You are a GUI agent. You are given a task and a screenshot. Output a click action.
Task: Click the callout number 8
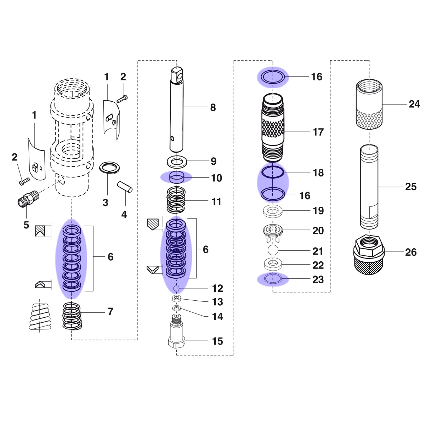[x=213, y=108]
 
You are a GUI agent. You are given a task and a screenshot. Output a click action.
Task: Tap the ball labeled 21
[x=273, y=250]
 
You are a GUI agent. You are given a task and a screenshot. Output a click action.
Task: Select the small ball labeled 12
[x=176, y=288]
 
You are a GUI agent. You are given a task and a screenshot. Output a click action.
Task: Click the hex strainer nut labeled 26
[x=369, y=255]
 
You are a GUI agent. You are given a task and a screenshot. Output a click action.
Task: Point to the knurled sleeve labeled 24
[x=369, y=104]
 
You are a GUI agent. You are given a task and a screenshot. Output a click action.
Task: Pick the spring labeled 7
[x=72, y=316]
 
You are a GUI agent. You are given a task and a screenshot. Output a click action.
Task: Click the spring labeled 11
[x=176, y=200]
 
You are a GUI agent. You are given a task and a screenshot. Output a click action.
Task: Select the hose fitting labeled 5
[x=28, y=198]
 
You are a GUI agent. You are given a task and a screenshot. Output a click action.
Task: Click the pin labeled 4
[x=125, y=187]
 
